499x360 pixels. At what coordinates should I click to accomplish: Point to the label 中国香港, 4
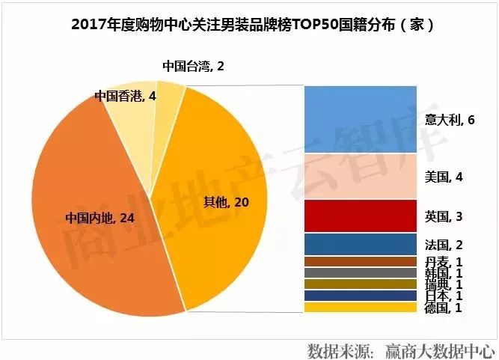click(126, 96)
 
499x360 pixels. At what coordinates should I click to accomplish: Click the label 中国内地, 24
click(99, 218)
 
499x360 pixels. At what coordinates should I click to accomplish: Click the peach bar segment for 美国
click(360, 176)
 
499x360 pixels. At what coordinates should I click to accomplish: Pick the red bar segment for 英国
click(360, 216)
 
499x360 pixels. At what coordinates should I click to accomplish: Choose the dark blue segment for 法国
click(360, 244)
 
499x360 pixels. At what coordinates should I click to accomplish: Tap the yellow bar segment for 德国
click(360, 307)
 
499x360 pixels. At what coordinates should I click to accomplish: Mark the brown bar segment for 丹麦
click(360, 261)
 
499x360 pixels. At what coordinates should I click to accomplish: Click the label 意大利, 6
click(450, 120)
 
